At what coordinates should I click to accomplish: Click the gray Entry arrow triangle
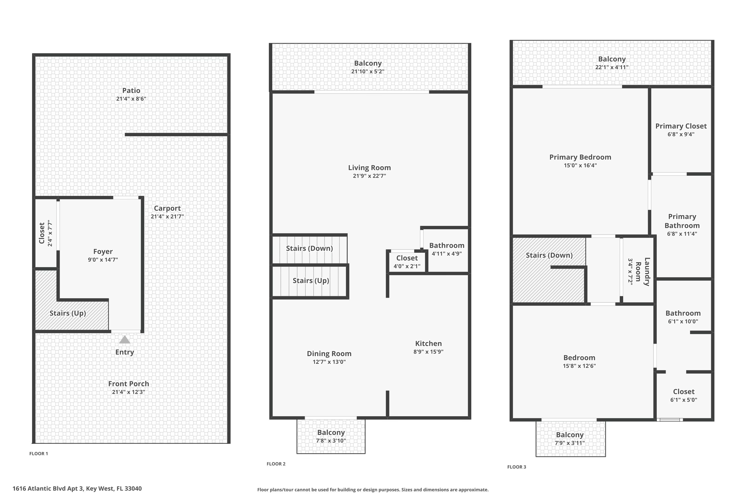[125, 340]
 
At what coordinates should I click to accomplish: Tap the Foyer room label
[103, 251]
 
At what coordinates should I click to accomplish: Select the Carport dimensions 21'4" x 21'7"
[167, 216]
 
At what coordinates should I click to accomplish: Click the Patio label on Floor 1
[131, 90]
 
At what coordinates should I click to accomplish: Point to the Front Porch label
[129, 383]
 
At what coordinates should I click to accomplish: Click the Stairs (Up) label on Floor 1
[68, 313]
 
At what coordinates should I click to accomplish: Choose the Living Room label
[369, 168]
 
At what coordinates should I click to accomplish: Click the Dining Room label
[329, 353]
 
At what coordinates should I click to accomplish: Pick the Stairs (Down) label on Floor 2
[309, 248]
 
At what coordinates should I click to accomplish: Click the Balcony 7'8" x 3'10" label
[331, 436]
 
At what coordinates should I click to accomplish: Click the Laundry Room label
[643, 272]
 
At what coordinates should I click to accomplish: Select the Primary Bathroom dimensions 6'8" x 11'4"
[682, 234]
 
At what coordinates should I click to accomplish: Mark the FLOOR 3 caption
[516, 467]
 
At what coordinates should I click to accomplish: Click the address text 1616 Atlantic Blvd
[77, 489]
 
